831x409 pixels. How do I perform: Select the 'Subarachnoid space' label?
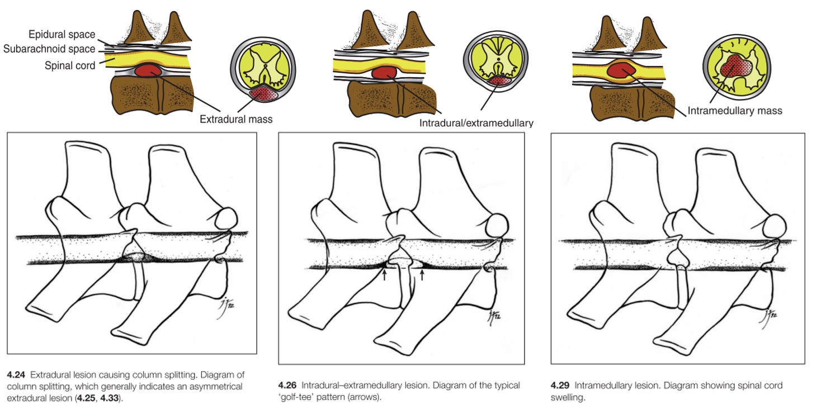pos(49,49)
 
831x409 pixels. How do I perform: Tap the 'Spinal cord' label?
pos(70,65)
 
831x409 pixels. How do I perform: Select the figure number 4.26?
pos(287,386)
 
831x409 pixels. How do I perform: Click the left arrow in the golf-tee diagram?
pos(385,274)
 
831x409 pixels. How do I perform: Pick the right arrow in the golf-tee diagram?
pos(422,274)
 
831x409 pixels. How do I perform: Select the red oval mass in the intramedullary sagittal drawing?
pos(620,71)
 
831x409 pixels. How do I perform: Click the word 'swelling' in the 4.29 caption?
pos(568,397)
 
